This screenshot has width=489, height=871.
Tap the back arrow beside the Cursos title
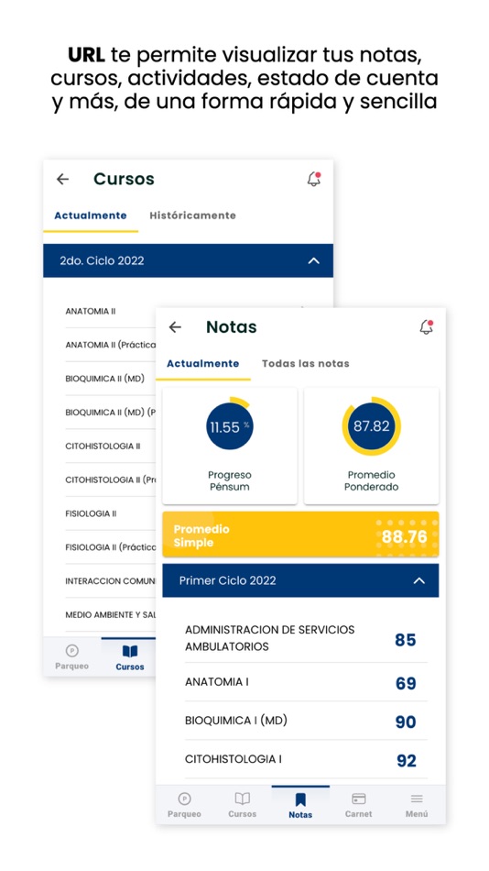(x=62, y=180)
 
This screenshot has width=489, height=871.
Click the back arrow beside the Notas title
(x=175, y=327)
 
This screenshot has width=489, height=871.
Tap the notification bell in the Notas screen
(x=426, y=327)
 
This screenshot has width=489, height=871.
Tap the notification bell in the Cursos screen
(x=314, y=180)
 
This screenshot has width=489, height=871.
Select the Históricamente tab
(x=192, y=215)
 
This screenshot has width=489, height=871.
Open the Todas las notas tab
(x=305, y=363)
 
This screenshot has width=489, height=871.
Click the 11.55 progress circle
(x=229, y=426)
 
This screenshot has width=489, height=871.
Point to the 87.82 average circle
(x=371, y=426)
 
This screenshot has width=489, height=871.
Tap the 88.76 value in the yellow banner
(x=404, y=536)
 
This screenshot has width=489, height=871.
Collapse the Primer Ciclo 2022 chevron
(x=419, y=580)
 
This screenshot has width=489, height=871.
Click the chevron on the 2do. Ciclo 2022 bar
(x=314, y=261)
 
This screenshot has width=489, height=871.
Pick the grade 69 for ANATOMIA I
(x=406, y=683)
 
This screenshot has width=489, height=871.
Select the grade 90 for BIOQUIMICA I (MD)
(x=406, y=722)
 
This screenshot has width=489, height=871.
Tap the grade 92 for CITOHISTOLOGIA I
(x=406, y=761)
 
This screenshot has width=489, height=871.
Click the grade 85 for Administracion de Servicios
(x=406, y=640)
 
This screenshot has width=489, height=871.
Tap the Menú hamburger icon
(x=417, y=799)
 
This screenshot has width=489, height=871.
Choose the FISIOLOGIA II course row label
(x=91, y=513)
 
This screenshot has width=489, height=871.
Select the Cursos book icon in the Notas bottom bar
(x=242, y=799)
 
